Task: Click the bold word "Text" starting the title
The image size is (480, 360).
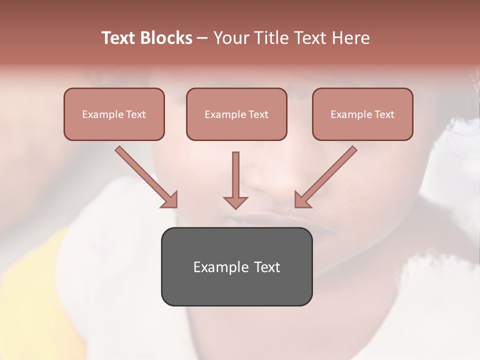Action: pyautogui.click(x=118, y=38)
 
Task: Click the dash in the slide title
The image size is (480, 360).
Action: pyautogui.click(x=202, y=38)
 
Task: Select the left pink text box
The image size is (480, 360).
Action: pyautogui.click(x=114, y=114)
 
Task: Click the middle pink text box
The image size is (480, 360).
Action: pyautogui.click(x=236, y=114)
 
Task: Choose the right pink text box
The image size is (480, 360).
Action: pyautogui.click(x=362, y=114)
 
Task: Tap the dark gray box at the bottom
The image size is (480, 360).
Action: pyautogui.click(x=236, y=266)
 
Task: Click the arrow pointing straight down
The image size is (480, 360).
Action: pyautogui.click(x=235, y=180)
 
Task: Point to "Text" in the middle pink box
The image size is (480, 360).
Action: pyautogui.click(x=257, y=114)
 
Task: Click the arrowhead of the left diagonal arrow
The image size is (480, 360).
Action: pyautogui.click(x=170, y=200)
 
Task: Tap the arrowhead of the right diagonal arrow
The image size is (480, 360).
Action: pyautogui.click(x=302, y=200)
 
